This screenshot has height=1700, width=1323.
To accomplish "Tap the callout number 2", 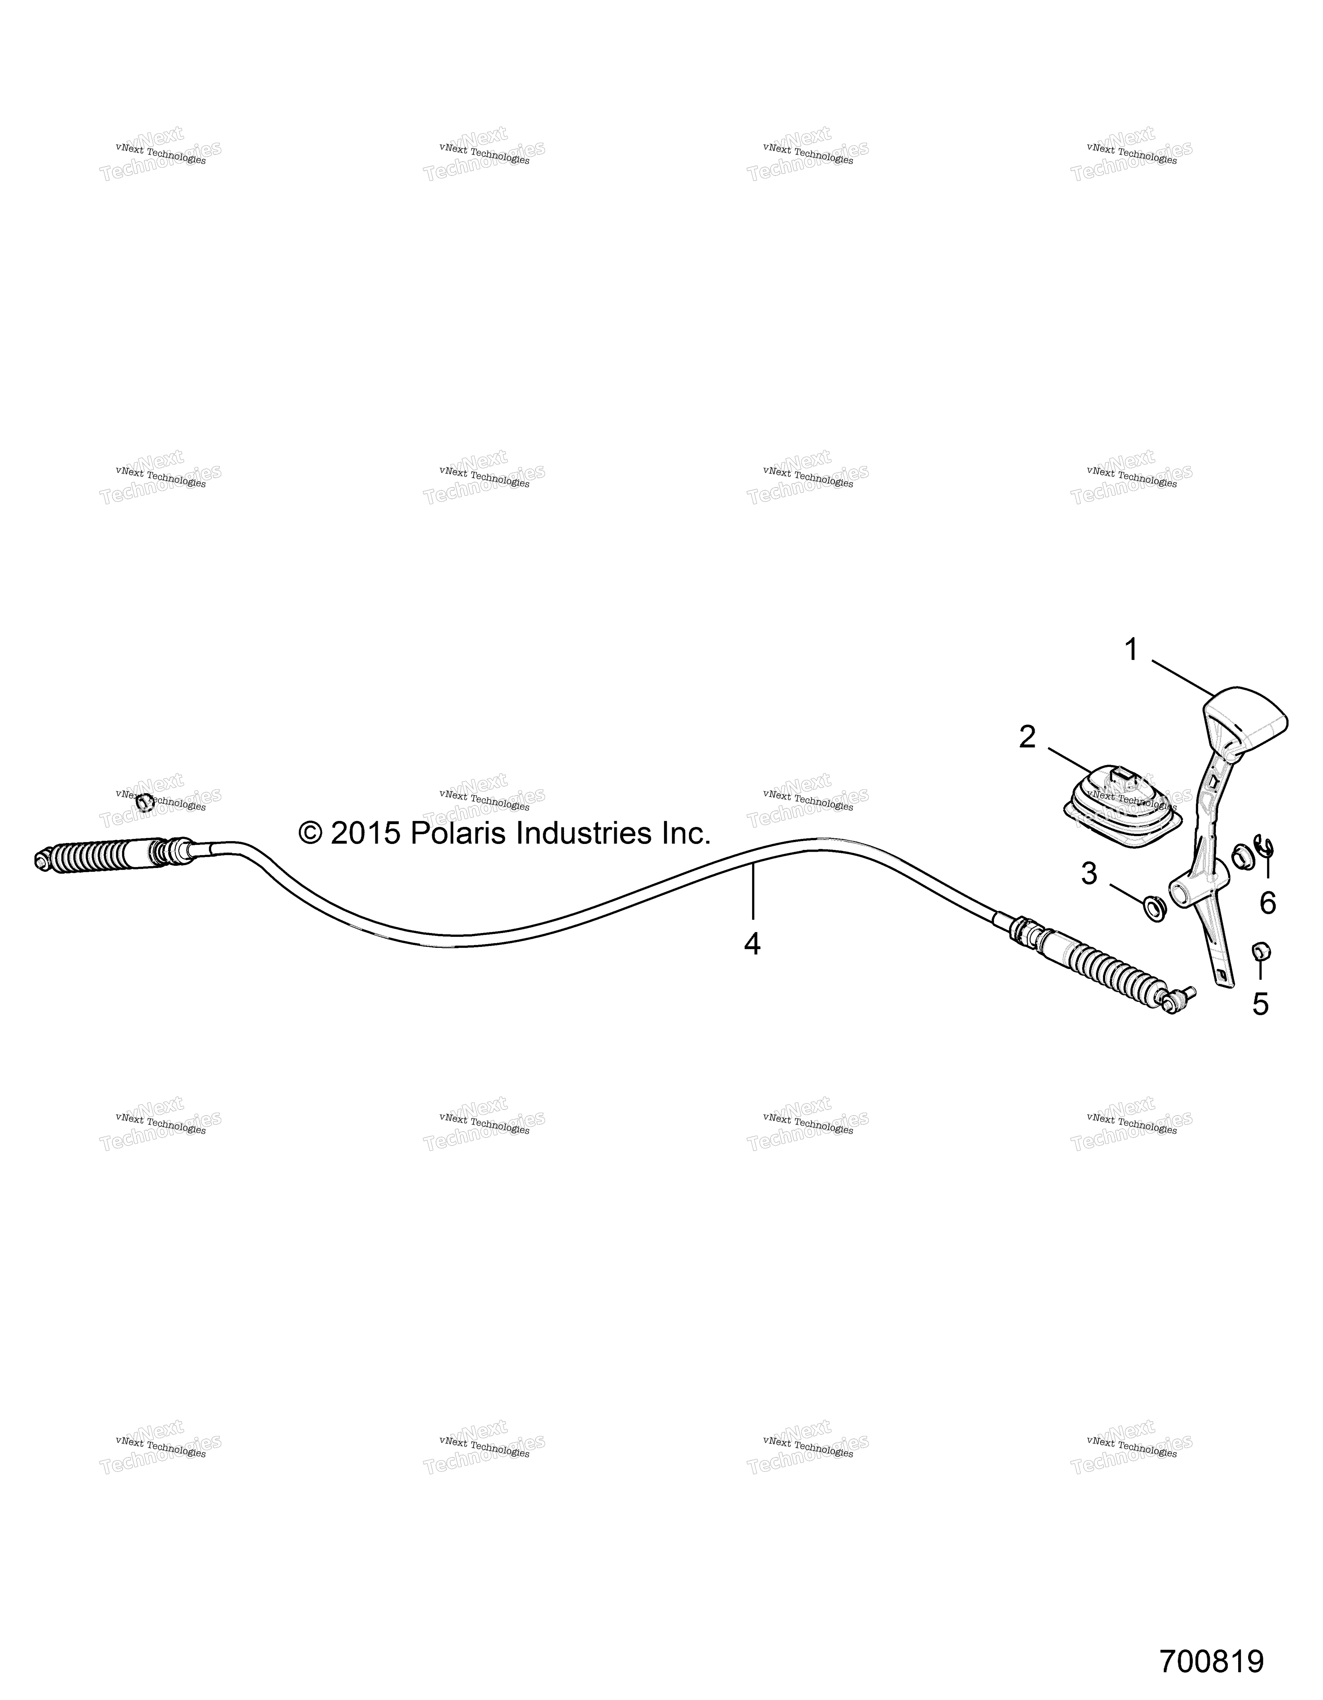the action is click(1028, 736).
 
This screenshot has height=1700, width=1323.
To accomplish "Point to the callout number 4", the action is click(751, 944).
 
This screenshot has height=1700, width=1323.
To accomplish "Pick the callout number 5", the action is click(1260, 1004).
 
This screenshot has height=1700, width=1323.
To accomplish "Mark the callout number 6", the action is click(1268, 903).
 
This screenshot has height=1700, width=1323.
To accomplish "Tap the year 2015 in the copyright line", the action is click(366, 834).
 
